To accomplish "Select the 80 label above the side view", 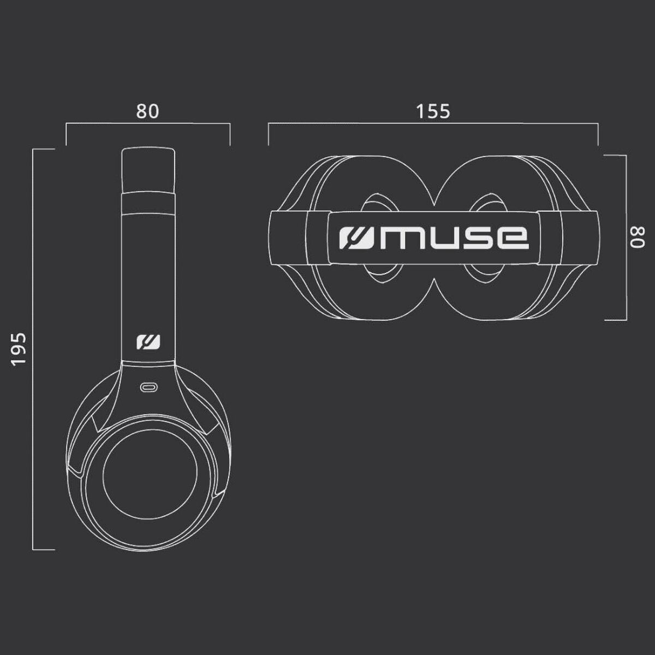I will (147, 111).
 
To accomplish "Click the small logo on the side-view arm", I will (148, 342).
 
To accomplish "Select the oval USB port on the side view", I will (148, 388).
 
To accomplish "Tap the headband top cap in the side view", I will (148, 169).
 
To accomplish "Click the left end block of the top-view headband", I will (289, 237).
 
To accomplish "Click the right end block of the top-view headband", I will (578, 237).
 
